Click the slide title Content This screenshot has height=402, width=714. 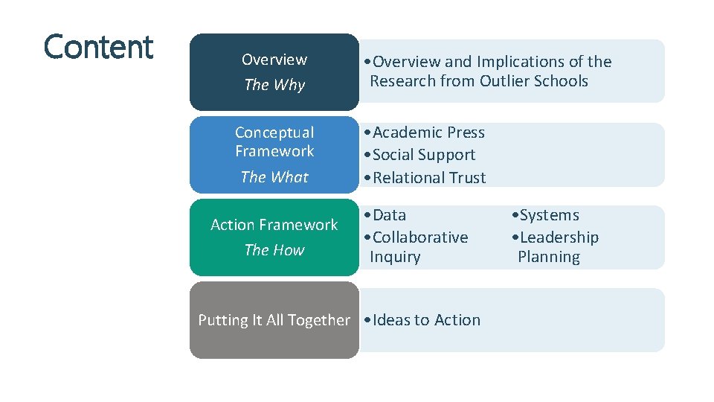pyautogui.click(x=98, y=47)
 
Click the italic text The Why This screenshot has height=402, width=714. pyautogui.click(x=274, y=85)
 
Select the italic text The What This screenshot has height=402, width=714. pyautogui.click(x=274, y=177)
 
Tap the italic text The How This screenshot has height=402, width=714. pyautogui.click(x=274, y=250)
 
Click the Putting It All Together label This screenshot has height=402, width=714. pyautogui.click(x=274, y=320)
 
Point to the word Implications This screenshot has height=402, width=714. pyautogui.click(x=521, y=62)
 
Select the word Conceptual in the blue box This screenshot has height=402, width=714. pyautogui.click(x=274, y=133)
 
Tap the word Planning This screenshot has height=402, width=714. pyautogui.click(x=549, y=257)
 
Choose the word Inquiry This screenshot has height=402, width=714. pyautogui.click(x=395, y=257)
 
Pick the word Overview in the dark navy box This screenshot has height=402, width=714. pyautogui.click(x=274, y=60)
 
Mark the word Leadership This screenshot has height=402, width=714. pyautogui.click(x=559, y=237)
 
